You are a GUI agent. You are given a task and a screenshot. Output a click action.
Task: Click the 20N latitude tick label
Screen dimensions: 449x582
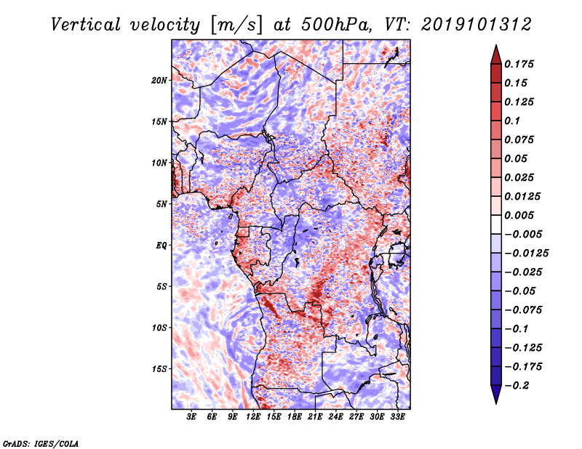[x=159, y=80]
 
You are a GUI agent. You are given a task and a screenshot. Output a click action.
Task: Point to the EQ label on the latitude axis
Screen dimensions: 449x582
[x=162, y=246]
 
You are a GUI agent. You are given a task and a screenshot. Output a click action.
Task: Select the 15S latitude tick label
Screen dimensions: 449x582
[x=159, y=369]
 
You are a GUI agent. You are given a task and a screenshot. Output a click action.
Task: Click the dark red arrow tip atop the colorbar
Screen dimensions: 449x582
[x=495, y=52]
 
